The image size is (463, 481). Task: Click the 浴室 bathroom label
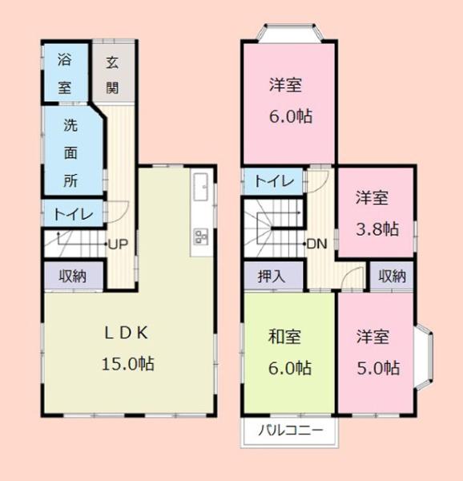tap(64, 72)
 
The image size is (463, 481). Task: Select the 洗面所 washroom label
tap(71, 152)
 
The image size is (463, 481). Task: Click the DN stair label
tap(316, 244)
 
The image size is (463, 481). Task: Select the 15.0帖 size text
tap(127, 363)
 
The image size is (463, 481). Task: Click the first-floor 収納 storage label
tap(72, 277)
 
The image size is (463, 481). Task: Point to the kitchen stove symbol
tap(200, 236)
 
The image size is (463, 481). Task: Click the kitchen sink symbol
tap(200, 187)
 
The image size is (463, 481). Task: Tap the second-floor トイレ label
tap(272, 181)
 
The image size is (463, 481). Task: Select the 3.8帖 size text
tap(376, 228)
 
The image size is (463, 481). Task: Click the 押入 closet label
tap(272, 277)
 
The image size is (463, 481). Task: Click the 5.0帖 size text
tap(377, 368)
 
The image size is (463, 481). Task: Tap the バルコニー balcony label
tap(290, 430)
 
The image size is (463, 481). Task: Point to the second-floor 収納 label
tap(392, 277)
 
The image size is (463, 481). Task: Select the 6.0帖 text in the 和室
tap(288, 368)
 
